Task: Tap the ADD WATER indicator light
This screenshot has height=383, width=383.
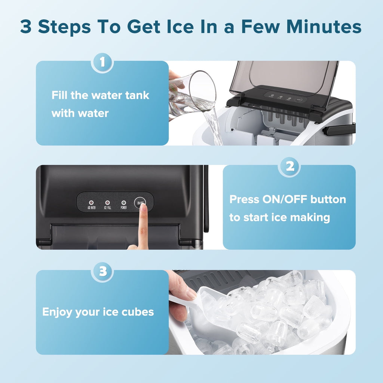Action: [x=91, y=202]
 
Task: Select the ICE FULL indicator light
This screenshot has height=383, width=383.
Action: [x=107, y=202]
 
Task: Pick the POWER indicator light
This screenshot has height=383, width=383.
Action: [x=123, y=202]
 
